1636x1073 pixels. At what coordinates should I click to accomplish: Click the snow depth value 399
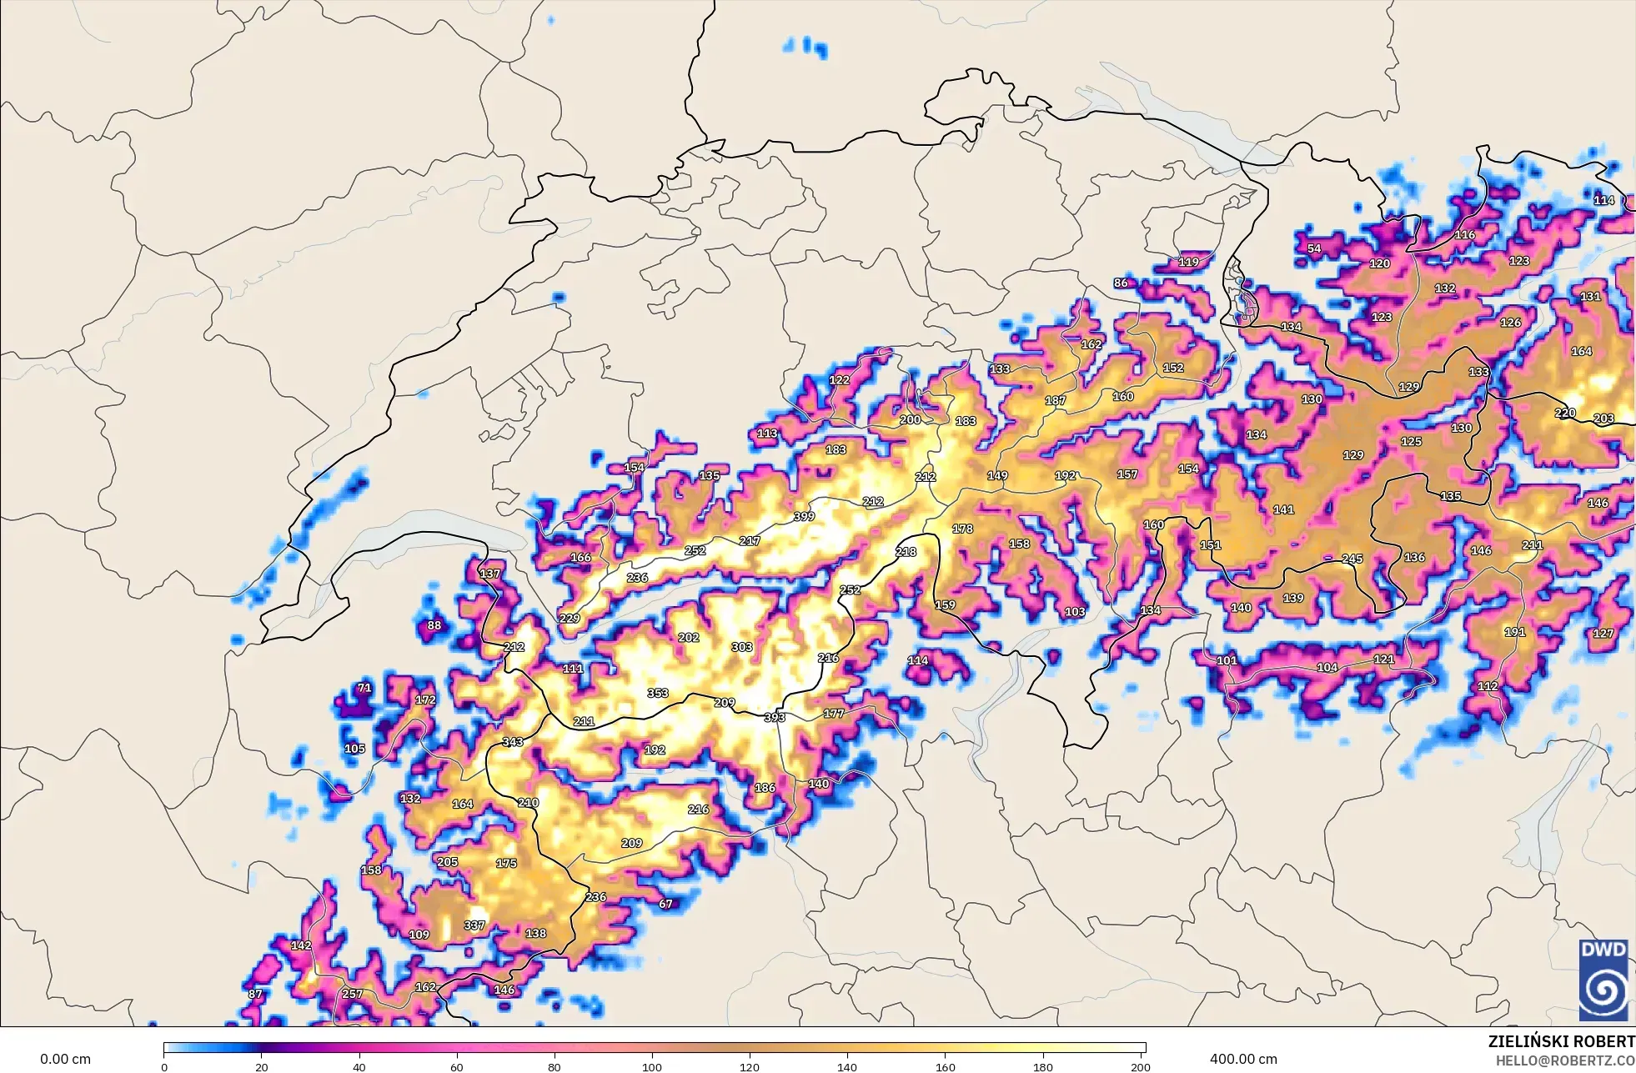(804, 517)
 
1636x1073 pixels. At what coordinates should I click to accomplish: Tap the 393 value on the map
(775, 717)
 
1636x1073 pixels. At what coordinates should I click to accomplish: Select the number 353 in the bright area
(658, 693)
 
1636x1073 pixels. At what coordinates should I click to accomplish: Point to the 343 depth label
(513, 742)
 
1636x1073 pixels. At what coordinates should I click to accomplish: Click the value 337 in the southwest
(474, 925)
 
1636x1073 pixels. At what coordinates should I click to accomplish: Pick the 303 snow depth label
(742, 647)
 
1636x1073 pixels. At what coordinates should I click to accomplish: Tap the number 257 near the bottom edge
(353, 994)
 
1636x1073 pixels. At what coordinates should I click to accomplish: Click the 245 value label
(1352, 559)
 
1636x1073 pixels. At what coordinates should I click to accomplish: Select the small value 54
(1314, 248)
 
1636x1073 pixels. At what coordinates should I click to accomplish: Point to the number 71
(364, 688)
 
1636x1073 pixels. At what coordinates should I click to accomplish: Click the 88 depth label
(434, 625)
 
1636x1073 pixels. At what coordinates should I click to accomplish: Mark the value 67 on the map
(665, 904)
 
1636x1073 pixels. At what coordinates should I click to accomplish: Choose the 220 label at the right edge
(1565, 413)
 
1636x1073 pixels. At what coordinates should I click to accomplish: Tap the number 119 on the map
(1188, 262)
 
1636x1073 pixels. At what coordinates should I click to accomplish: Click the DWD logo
(1603, 979)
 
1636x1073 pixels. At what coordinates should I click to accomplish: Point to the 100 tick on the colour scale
(652, 1066)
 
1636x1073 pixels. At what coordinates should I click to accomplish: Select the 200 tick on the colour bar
(1141, 1066)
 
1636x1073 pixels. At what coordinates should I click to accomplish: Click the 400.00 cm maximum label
(1243, 1059)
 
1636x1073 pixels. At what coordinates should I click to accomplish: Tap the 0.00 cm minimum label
(65, 1059)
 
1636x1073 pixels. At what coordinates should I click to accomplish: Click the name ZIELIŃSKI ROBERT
(1561, 1041)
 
